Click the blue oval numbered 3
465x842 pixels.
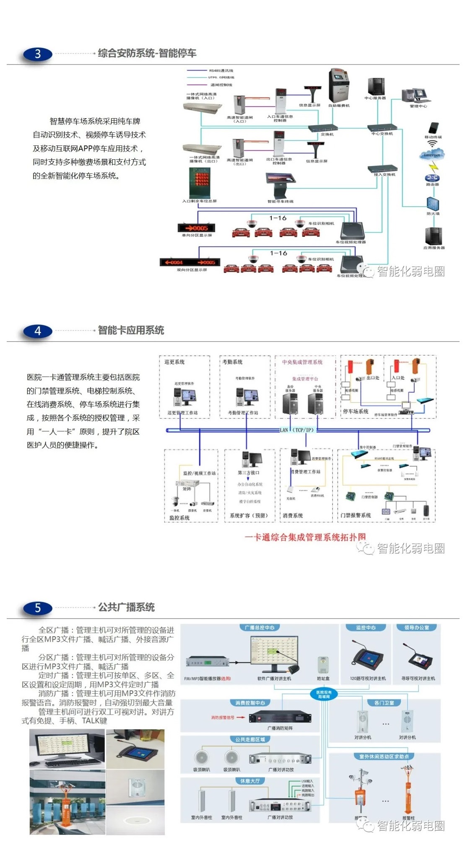pos(38,54)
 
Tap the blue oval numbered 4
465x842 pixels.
pos(38,331)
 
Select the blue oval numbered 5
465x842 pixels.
pos(38,608)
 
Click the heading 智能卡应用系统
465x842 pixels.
pos(131,330)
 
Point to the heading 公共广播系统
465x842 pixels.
pos(126,607)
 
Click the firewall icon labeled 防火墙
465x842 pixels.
pos(433,204)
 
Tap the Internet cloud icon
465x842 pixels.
pos(432,155)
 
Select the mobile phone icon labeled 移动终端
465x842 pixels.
pos(433,128)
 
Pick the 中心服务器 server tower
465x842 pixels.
pos(376,87)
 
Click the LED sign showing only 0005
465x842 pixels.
pos(196,228)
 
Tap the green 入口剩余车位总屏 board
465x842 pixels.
pos(199,183)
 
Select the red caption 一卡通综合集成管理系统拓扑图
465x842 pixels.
pos(305,537)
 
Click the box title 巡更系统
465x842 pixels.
pos(174,362)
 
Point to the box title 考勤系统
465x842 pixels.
pos(232,362)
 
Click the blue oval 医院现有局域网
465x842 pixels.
pos(324,694)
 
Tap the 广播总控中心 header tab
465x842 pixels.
pos(260,627)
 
